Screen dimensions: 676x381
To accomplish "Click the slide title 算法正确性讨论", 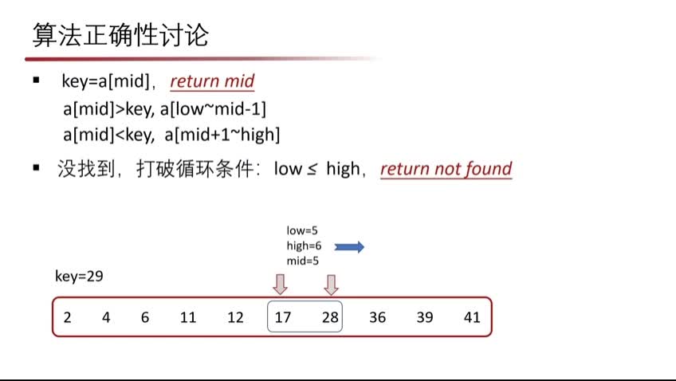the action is (x=120, y=35).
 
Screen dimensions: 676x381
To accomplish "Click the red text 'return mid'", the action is (x=212, y=81).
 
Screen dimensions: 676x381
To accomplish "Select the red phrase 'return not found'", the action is (x=446, y=168).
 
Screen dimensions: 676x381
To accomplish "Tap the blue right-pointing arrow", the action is (x=349, y=247).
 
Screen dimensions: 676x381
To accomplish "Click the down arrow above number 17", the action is (x=281, y=285).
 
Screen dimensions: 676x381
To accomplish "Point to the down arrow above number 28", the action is (x=331, y=285).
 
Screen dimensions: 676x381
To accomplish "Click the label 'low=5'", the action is (x=302, y=230).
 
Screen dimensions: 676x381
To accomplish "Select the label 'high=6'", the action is (x=304, y=245).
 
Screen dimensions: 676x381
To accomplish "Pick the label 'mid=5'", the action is (x=303, y=261).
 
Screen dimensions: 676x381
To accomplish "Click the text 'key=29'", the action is (x=80, y=277).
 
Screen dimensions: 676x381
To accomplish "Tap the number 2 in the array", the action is (x=67, y=317).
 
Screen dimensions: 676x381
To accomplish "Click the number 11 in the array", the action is (x=188, y=317).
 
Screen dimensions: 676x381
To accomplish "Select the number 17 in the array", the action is (x=283, y=317).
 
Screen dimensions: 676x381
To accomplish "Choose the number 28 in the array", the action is (x=330, y=317).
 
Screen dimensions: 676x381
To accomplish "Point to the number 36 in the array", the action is (x=378, y=317).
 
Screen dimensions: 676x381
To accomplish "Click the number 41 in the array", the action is (x=472, y=317).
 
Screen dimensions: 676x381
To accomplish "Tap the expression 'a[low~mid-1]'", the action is (x=214, y=108).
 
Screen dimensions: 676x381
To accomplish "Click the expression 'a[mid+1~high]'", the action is (x=222, y=135).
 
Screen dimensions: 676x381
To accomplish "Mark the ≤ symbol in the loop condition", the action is (x=312, y=170).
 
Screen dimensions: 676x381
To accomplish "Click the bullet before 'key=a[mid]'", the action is (x=36, y=80).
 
